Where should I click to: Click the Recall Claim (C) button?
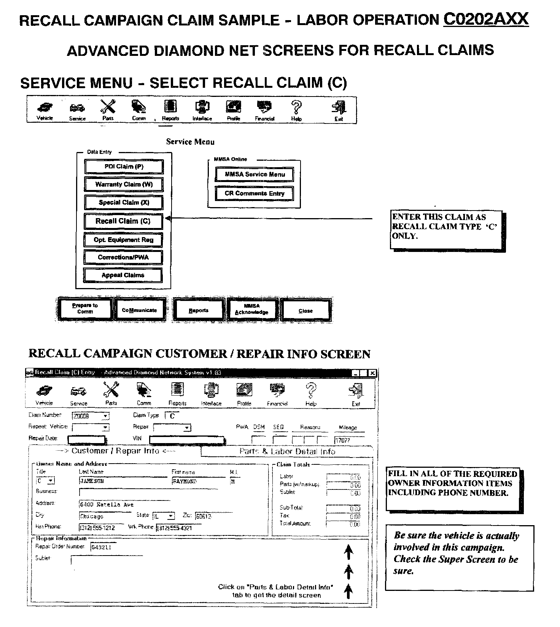[x=123, y=221]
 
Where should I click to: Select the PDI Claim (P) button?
[x=124, y=166]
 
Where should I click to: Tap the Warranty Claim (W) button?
[x=124, y=184]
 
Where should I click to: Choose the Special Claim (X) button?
[x=124, y=203]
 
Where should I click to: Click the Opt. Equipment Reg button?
[x=123, y=240]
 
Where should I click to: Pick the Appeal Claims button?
[x=123, y=275]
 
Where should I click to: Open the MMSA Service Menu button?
[x=255, y=174]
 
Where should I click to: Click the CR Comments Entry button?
[x=255, y=193]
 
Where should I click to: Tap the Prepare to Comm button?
[x=85, y=309]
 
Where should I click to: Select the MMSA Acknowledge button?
[x=251, y=309]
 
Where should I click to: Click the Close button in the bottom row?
[x=305, y=310]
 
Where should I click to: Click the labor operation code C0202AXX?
[x=486, y=19]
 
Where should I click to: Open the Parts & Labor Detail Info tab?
[x=287, y=451]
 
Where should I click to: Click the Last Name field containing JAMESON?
[x=124, y=481]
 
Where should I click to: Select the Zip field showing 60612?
[x=207, y=516]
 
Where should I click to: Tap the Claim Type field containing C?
[x=172, y=416]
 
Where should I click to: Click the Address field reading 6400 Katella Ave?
[x=124, y=505]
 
